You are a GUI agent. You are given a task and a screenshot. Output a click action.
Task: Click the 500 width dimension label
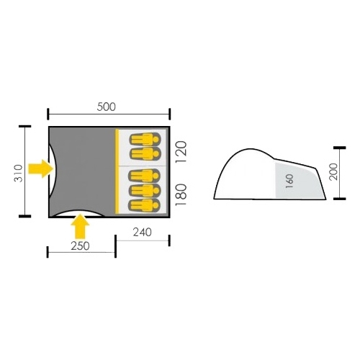click(106, 107)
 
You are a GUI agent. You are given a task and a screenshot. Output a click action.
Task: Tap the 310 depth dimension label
click(18, 174)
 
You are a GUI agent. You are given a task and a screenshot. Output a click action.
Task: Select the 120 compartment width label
click(181, 152)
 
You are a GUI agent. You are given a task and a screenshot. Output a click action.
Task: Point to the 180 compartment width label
click(181, 194)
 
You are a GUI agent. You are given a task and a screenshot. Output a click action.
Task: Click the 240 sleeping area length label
click(143, 232)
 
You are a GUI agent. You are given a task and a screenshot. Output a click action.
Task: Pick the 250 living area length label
click(80, 246)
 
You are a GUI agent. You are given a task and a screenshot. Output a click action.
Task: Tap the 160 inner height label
click(290, 181)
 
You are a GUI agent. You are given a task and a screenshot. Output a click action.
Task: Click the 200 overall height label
click(333, 171)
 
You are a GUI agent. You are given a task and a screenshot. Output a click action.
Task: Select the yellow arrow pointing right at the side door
click(41, 168)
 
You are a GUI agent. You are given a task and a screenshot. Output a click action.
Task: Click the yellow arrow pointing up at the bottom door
click(80, 226)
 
